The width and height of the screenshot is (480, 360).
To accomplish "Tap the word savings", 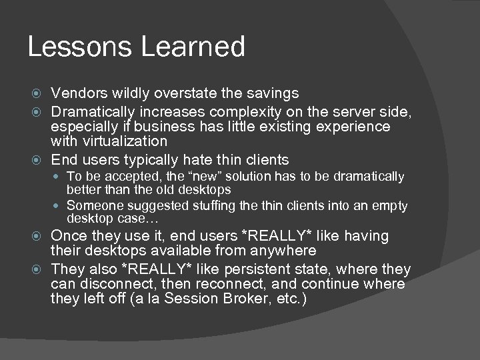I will coord(272,93).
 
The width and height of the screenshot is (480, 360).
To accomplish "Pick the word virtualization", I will coord(125,141).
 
